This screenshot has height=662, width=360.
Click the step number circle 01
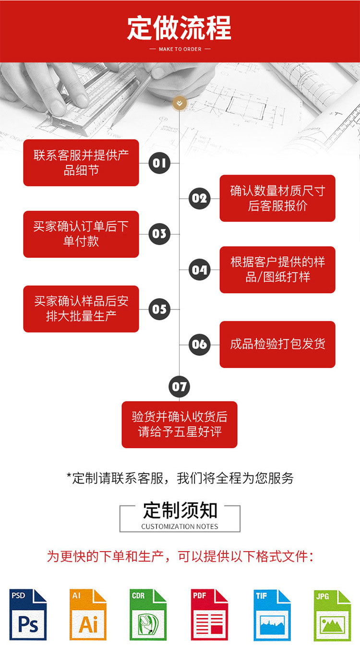point(159,163)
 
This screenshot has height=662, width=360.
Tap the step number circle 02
point(199,198)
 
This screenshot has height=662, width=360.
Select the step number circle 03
point(159,234)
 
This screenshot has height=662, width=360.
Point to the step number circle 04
point(199,270)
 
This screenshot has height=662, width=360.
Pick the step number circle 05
point(159,309)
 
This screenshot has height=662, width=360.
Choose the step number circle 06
point(199,344)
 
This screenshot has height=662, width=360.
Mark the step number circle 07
point(180,387)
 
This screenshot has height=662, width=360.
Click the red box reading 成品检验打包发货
point(277,344)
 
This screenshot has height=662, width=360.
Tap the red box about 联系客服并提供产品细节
point(81,163)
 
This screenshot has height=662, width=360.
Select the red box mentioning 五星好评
point(180,425)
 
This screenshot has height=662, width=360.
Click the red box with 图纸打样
point(277,270)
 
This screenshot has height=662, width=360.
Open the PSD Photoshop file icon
point(28,615)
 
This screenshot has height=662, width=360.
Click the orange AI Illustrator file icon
point(88,615)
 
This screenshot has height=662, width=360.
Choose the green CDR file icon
point(148,615)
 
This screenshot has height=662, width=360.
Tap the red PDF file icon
point(209,615)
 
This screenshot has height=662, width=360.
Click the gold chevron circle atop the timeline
point(180,103)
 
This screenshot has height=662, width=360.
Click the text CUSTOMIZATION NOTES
point(180,527)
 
